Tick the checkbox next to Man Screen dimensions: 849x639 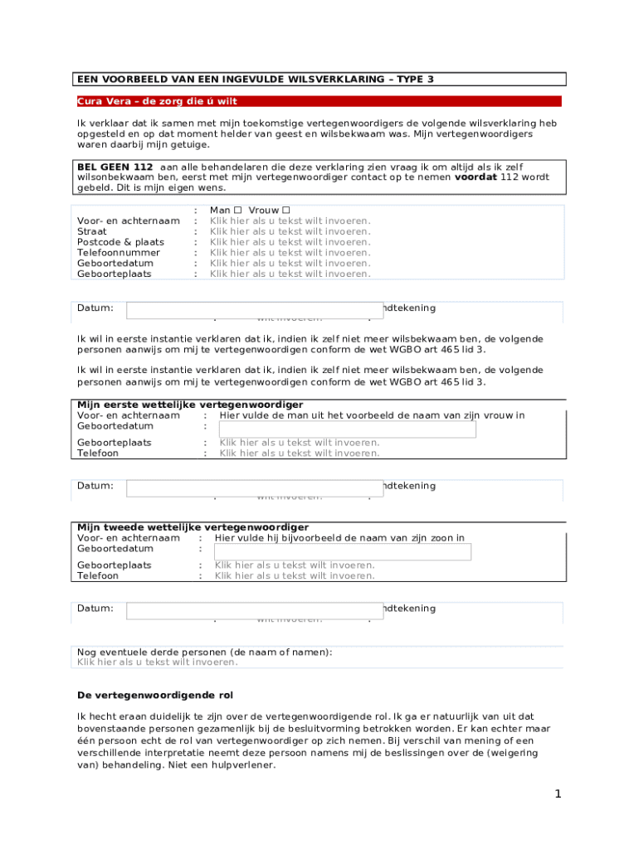pos(237,211)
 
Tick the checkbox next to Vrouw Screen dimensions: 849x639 pos(286,211)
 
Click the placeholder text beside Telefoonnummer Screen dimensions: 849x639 pos(290,253)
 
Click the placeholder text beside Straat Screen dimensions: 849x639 pos(290,231)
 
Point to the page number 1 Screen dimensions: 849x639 pos(559,794)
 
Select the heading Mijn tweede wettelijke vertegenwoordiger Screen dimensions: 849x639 pos(193,527)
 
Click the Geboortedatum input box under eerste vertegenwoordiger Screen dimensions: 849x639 pos(347,429)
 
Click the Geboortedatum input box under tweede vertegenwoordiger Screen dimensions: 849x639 pos(342,551)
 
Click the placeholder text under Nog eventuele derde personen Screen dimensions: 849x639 pos(158,662)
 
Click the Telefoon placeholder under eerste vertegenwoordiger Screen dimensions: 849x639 pos(299,453)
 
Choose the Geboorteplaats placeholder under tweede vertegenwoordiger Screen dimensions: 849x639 pos(295,565)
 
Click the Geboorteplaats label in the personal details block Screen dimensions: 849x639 pos(115,274)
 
